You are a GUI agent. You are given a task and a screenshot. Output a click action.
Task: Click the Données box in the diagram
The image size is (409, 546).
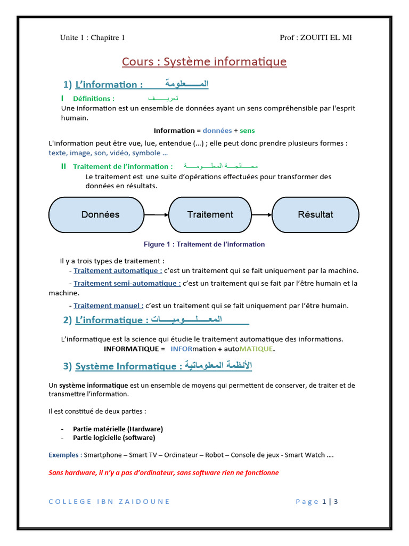pos(100,215)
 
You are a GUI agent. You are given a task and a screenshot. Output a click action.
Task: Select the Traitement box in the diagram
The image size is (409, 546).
pos(210,215)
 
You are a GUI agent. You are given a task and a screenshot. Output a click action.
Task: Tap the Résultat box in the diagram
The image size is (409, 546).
pos(315,215)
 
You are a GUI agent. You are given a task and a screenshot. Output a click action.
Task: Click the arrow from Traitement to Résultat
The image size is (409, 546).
pos(261,215)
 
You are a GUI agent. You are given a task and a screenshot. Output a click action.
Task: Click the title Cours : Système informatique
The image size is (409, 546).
pos(204,62)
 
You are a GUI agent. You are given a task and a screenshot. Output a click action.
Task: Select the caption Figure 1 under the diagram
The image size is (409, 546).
pos(204,244)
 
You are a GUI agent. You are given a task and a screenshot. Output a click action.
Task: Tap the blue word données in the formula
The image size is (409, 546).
pos(217,131)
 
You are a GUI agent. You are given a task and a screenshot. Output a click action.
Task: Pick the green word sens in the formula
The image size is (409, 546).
pos(247,131)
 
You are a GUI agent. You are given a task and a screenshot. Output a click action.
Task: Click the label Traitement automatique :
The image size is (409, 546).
pos(118,270)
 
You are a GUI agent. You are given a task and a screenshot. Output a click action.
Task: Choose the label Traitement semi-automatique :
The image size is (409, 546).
pos(127,283)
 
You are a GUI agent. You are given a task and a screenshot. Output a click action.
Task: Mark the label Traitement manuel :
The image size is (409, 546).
pos(108,306)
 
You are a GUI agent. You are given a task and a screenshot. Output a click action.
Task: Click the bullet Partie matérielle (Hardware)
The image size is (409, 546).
pos(118,429)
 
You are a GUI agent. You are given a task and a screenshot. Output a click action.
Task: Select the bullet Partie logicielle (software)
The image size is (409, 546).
pos(114,438)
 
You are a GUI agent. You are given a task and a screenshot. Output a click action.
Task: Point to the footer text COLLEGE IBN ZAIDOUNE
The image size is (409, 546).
pos(109,501)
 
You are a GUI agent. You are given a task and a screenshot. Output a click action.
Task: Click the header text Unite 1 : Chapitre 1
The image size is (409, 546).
pos(92,37)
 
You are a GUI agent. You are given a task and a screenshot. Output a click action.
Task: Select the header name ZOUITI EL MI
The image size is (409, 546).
pos(326,37)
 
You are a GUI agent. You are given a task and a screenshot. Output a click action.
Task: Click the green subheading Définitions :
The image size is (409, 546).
pos(93,99)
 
